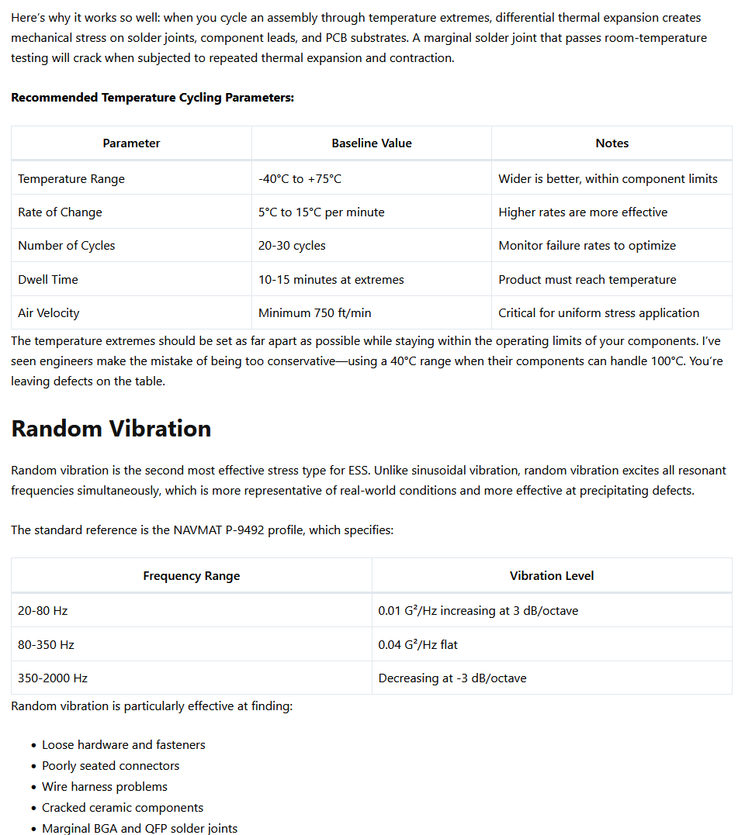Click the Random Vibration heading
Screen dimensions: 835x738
click(111, 429)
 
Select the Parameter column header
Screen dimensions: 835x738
click(131, 143)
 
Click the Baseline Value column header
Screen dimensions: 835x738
click(371, 143)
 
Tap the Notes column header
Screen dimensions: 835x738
click(612, 143)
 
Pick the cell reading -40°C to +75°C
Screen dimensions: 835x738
click(300, 179)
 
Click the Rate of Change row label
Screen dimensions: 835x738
click(60, 212)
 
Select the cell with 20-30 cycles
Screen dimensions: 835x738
click(292, 246)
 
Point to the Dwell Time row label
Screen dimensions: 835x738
click(48, 280)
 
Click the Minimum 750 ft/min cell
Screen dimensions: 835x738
click(314, 313)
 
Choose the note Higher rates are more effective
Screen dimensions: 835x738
click(583, 212)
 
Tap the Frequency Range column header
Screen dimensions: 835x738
click(191, 576)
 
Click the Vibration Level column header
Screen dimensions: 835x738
click(551, 576)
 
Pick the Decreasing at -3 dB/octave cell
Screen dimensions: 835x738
click(452, 678)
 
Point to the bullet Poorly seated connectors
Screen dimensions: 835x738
click(110, 766)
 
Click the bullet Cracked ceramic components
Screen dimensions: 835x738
click(123, 808)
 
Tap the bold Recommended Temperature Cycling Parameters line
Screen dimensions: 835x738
click(152, 98)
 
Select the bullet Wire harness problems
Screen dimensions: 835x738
click(105, 787)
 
